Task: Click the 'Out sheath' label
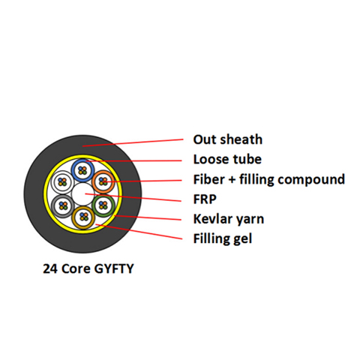228,139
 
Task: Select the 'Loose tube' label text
227,160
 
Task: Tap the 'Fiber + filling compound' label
269,179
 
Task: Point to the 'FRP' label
205,199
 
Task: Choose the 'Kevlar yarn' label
229,219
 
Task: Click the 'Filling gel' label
223,238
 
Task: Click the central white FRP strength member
82,194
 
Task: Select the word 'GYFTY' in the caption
114,269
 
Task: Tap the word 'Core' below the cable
76,269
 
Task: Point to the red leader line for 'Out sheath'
133,142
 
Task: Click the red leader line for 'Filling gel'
139,232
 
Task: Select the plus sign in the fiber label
232,180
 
